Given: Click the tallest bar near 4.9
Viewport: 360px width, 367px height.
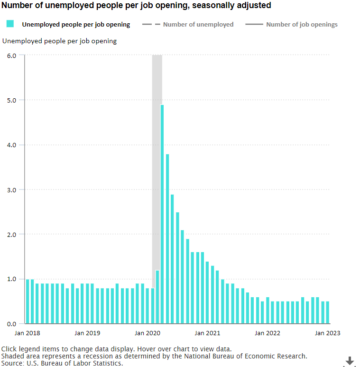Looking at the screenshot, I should [162, 214].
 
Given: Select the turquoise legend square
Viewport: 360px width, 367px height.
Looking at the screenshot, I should [10, 24].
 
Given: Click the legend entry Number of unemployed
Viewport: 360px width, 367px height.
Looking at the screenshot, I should [198, 24].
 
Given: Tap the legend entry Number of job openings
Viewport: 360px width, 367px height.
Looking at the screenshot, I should [302, 24].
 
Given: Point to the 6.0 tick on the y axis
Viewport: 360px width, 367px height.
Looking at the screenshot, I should [11, 56].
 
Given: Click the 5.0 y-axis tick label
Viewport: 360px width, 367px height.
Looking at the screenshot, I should [11, 100].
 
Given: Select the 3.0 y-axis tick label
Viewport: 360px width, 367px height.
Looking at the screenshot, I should [11, 189].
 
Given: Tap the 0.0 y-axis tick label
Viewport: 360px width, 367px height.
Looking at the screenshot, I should [11, 324].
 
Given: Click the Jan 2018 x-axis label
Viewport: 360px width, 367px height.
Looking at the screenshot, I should [28, 333].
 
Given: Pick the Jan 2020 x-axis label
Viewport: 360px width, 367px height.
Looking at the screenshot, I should [148, 333].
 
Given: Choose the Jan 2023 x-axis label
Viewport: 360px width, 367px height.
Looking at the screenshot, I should [327, 333].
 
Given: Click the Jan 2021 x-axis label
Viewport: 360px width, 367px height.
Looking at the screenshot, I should [207, 333].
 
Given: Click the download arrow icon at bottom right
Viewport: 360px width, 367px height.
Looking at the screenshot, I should [350, 361].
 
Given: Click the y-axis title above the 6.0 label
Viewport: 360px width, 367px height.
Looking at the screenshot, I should [59, 41].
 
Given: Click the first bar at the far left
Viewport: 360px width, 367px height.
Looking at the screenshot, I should [28, 301].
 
